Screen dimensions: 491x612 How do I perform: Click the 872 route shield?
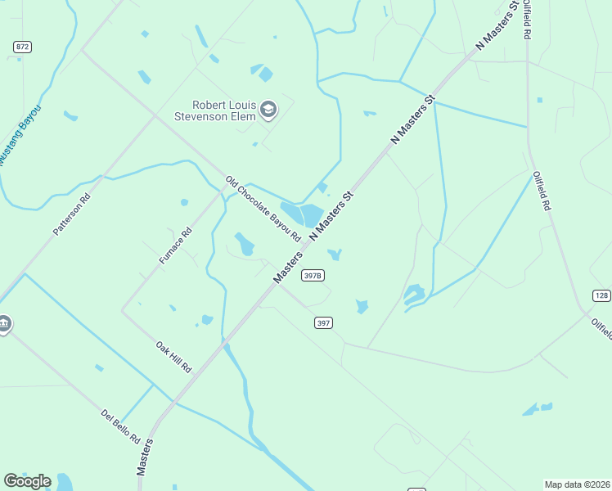pos(22,47)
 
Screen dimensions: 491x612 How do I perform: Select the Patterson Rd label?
pos(71,215)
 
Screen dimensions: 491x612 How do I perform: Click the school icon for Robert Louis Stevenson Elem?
pos(268,110)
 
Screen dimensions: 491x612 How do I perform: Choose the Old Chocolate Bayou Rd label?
pos(264,209)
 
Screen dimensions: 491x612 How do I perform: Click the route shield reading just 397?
pos(323,322)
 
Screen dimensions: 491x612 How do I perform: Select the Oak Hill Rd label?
pos(173,357)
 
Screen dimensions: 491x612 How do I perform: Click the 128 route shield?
pos(601,295)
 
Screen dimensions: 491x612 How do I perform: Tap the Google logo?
pos(27,481)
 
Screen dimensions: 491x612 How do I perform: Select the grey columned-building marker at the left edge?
pos(3,324)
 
